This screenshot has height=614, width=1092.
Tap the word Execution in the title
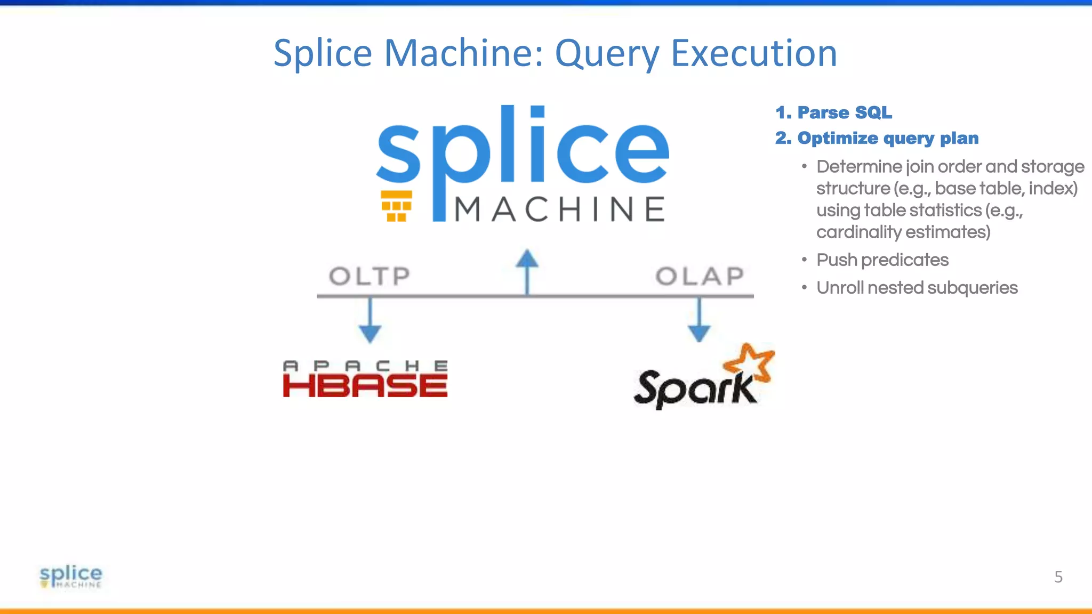(753, 54)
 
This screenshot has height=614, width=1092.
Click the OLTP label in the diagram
(370, 276)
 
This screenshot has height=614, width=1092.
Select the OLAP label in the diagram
(700, 276)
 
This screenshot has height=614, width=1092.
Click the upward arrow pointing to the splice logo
(527, 269)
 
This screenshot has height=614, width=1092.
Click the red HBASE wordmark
(365, 386)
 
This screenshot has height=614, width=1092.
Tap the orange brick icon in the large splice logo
(396, 206)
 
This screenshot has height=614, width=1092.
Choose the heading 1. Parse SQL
(833, 112)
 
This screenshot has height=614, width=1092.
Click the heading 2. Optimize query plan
(877, 138)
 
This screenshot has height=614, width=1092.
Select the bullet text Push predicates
(882, 260)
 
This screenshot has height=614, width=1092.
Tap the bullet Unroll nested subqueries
(917, 288)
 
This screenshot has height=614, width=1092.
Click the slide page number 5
(1058, 577)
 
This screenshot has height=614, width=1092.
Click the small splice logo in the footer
(71, 576)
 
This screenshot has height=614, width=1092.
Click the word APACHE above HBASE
(365, 366)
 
